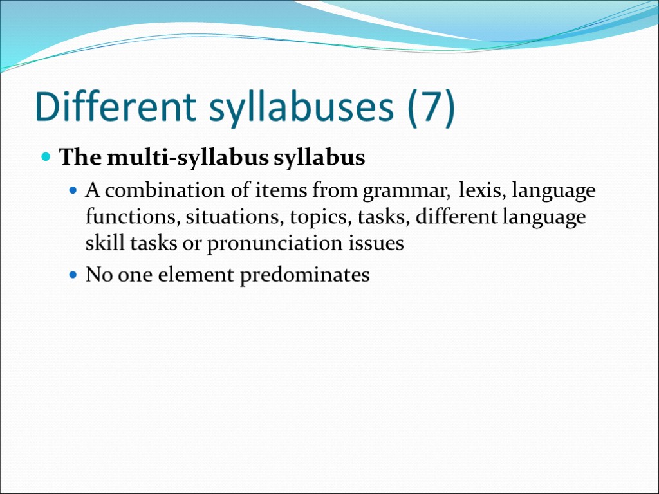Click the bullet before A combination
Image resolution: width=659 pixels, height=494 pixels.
pyautogui.click(x=73, y=192)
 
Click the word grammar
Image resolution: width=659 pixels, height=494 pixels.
pyautogui.click(x=405, y=192)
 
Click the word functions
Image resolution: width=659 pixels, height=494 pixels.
pyautogui.click(x=132, y=217)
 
